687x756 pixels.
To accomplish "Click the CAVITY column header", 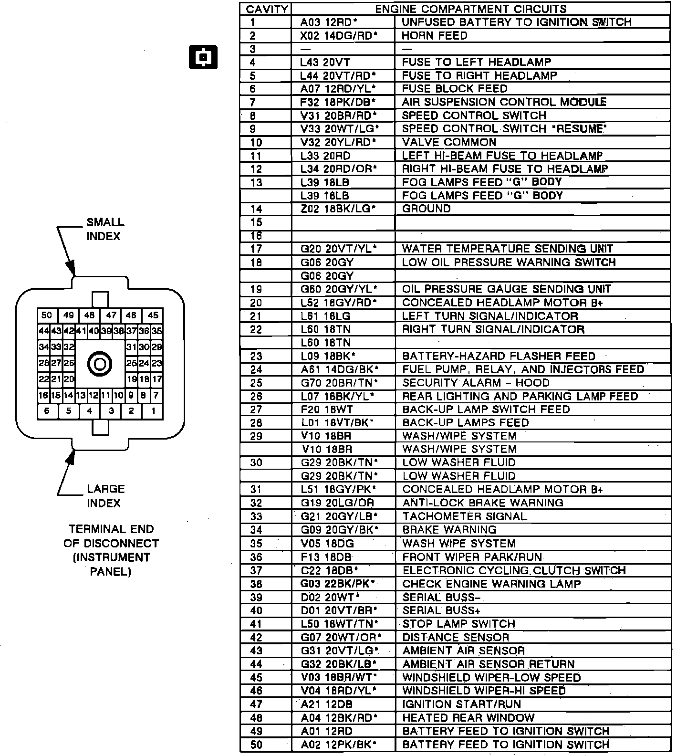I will pyautogui.click(x=267, y=9).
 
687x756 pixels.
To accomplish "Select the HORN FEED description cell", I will pyautogui.click(x=434, y=36).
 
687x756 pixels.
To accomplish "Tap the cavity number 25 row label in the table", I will pyautogui.click(x=256, y=383).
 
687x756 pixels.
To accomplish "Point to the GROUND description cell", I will pyautogui.click(x=426, y=209).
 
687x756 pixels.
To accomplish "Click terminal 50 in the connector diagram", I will pyautogui.click(x=47, y=315).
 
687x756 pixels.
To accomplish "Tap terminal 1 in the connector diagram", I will pyautogui.click(x=153, y=411).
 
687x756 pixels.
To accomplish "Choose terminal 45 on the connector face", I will pyautogui.click(x=153, y=315).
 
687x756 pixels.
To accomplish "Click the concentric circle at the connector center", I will pyautogui.click(x=100, y=365).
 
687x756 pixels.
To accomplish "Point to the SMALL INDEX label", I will pyautogui.click(x=105, y=229).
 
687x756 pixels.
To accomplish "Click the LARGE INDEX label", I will pyautogui.click(x=105, y=496).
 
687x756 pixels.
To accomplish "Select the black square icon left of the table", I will pyautogui.click(x=203, y=57).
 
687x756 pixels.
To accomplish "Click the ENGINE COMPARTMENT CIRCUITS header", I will pyautogui.click(x=471, y=9).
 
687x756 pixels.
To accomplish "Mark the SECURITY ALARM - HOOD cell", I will pyautogui.click(x=476, y=383).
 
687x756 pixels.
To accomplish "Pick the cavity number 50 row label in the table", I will pyautogui.click(x=256, y=745).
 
